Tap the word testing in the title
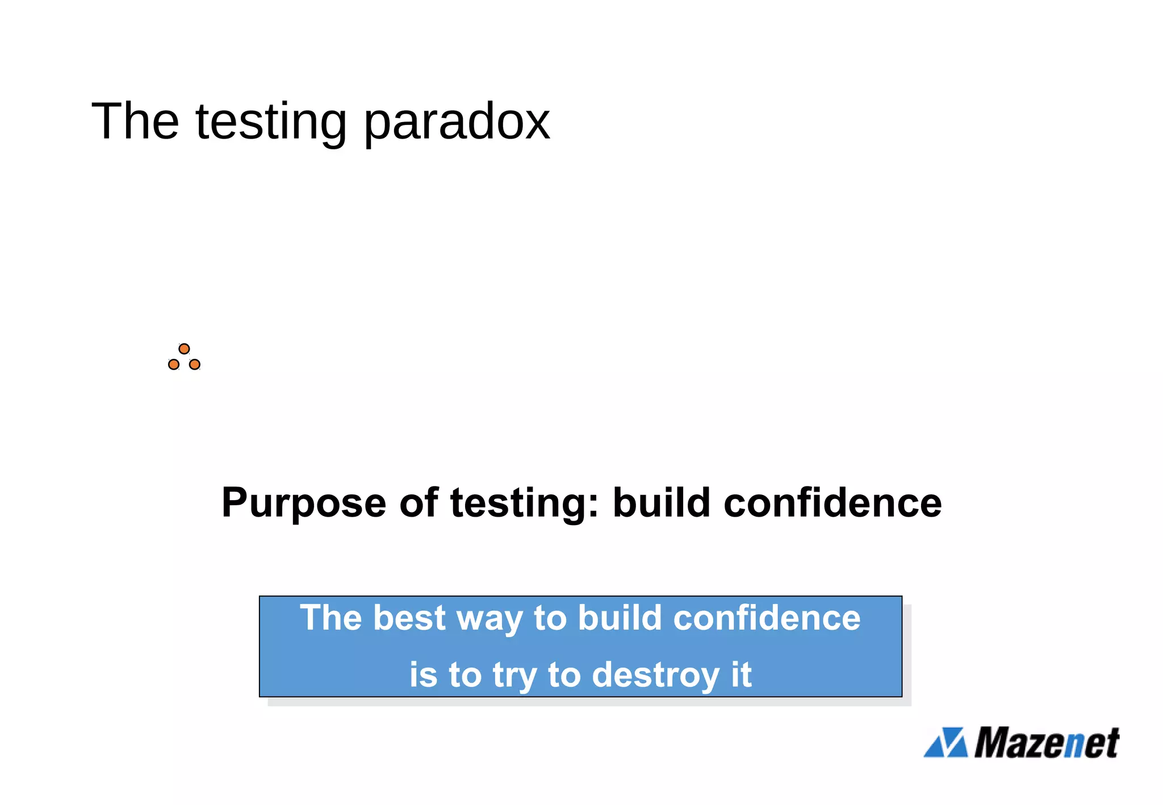(270, 122)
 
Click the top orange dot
(184, 349)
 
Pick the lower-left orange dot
(174, 364)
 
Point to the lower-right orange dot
(195, 364)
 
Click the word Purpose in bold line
(304, 504)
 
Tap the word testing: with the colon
(525, 504)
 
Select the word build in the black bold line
(662, 504)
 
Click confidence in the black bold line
(832, 504)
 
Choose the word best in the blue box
(409, 618)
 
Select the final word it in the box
(741, 674)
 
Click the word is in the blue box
(424, 676)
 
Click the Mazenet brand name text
(1047, 743)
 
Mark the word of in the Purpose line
(418, 504)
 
